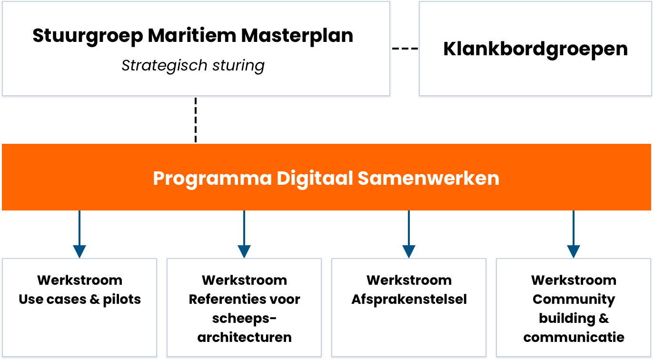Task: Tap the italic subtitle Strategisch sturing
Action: [x=193, y=65]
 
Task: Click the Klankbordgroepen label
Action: [x=535, y=49]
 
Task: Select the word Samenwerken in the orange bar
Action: [x=428, y=178]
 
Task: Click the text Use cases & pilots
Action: [x=80, y=300]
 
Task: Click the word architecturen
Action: [x=245, y=338]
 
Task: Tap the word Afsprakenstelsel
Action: [x=409, y=300]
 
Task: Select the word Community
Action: [x=574, y=300]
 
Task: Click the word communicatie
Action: [x=574, y=338]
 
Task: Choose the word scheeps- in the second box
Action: [x=245, y=319]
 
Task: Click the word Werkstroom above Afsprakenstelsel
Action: [x=409, y=280]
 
